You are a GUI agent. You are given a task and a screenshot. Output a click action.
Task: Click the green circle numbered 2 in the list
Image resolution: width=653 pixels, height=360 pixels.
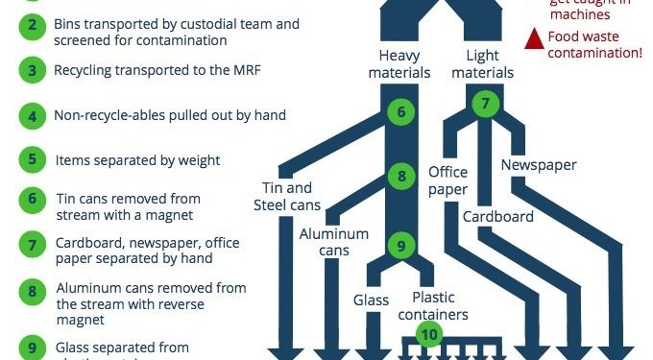coord(33,25)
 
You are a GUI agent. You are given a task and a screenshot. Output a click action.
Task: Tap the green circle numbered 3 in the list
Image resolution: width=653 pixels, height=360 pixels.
coord(33,70)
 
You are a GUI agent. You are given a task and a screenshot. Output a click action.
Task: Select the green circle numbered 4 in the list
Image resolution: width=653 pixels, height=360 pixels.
coord(33,116)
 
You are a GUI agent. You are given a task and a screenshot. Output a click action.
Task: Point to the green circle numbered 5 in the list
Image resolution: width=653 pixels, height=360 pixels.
coord(33,160)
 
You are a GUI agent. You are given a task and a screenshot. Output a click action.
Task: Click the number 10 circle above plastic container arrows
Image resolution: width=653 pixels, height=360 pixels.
coord(429,334)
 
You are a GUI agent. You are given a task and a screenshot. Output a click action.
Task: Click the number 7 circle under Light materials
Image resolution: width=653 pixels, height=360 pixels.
coord(487,102)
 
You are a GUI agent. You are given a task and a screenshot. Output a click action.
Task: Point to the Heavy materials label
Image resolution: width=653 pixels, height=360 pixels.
coord(399,63)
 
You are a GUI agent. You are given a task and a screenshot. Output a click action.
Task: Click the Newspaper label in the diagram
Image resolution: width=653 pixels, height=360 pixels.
coord(538,164)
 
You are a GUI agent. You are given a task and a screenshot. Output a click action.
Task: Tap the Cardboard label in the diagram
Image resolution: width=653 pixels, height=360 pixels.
coord(497,216)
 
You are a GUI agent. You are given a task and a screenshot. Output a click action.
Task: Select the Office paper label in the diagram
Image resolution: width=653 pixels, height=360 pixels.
coord(447,181)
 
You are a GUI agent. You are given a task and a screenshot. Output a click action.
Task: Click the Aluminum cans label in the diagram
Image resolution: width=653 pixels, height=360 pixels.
coord(333,242)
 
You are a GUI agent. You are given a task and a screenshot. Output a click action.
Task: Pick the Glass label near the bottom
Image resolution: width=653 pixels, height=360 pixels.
coord(370,300)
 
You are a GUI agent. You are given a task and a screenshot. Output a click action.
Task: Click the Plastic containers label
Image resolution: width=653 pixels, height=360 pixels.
coord(440,304)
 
